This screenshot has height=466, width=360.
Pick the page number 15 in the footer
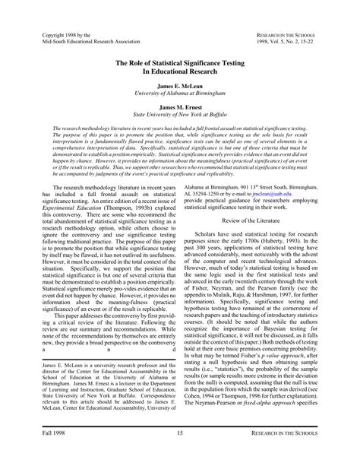(180, 454)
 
